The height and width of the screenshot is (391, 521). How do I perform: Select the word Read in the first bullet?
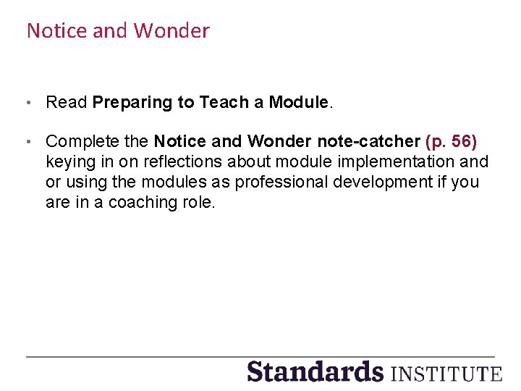[x=67, y=102]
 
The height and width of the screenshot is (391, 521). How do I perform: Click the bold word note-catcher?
[x=368, y=140]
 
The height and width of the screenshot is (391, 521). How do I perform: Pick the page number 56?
[x=461, y=140]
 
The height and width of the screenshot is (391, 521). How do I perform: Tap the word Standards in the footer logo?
[x=315, y=371]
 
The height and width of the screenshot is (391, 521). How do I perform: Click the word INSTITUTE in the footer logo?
[x=446, y=374]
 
